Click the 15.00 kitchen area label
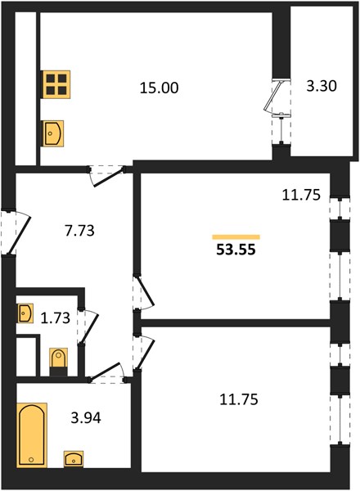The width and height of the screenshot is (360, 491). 159,88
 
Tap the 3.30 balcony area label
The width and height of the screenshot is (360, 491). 322,86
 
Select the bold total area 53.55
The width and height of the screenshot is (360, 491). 236,250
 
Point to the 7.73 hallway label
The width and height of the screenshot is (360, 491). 79,231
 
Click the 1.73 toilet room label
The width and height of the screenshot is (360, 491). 56,318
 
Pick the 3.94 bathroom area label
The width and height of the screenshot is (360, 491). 86,418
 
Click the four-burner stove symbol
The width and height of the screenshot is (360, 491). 56,84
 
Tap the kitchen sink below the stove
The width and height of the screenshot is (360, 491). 53,133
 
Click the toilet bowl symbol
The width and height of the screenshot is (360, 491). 59,362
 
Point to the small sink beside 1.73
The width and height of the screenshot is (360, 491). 25,313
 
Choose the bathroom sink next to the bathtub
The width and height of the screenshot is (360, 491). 74,459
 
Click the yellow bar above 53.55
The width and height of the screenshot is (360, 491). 236,237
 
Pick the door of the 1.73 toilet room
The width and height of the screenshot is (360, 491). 89,327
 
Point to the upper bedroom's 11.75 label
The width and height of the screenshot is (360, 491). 301,195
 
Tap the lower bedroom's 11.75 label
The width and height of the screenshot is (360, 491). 239,399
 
